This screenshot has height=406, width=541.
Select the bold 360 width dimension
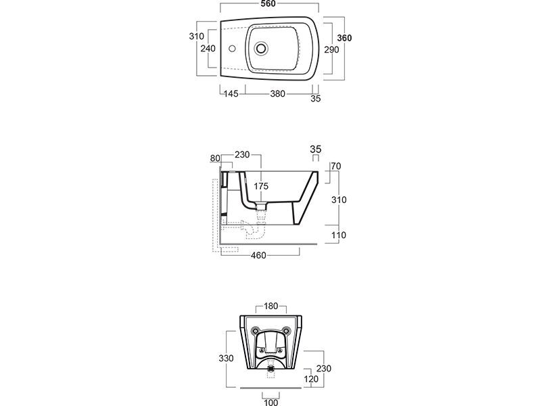click(x=345, y=39)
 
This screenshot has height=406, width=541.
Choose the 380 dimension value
click(x=277, y=95)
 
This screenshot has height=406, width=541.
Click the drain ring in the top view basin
click(x=261, y=49)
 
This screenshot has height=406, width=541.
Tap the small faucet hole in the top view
click(x=231, y=49)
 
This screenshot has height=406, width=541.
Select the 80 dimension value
click(x=216, y=158)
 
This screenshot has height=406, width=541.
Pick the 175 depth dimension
click(x=262, y=186)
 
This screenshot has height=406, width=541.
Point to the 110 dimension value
click(x=338, y=235)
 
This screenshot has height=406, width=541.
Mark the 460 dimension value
click(x=258, y=255)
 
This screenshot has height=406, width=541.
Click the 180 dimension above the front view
click(x=270, y=306)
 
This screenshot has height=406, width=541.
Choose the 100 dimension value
click(x=270, y=403)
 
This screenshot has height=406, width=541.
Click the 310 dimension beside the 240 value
click(x=197, y=36)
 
